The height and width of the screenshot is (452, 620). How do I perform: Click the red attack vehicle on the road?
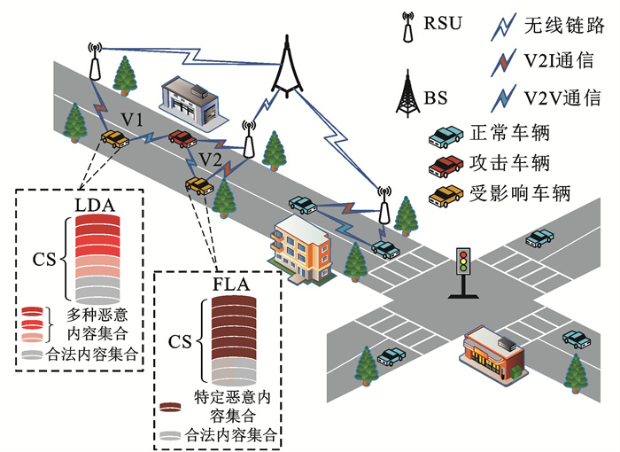[x=182, y=138]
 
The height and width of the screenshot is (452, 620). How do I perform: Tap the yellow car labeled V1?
[x=113, y=138]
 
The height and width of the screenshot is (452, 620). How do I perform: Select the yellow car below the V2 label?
[x=198, y=185]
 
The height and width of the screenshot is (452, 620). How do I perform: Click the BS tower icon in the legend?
[x=408, y=92]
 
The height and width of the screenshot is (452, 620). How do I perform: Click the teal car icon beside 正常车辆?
[x=446, y=135]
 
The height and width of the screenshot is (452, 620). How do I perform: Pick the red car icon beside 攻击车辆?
[x=446, y=163]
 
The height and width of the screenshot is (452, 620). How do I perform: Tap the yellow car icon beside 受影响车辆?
[x=446, y=192]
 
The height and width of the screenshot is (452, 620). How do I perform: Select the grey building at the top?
[x=188, y=96]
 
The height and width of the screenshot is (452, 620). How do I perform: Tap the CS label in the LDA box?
[x=44, y=259]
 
